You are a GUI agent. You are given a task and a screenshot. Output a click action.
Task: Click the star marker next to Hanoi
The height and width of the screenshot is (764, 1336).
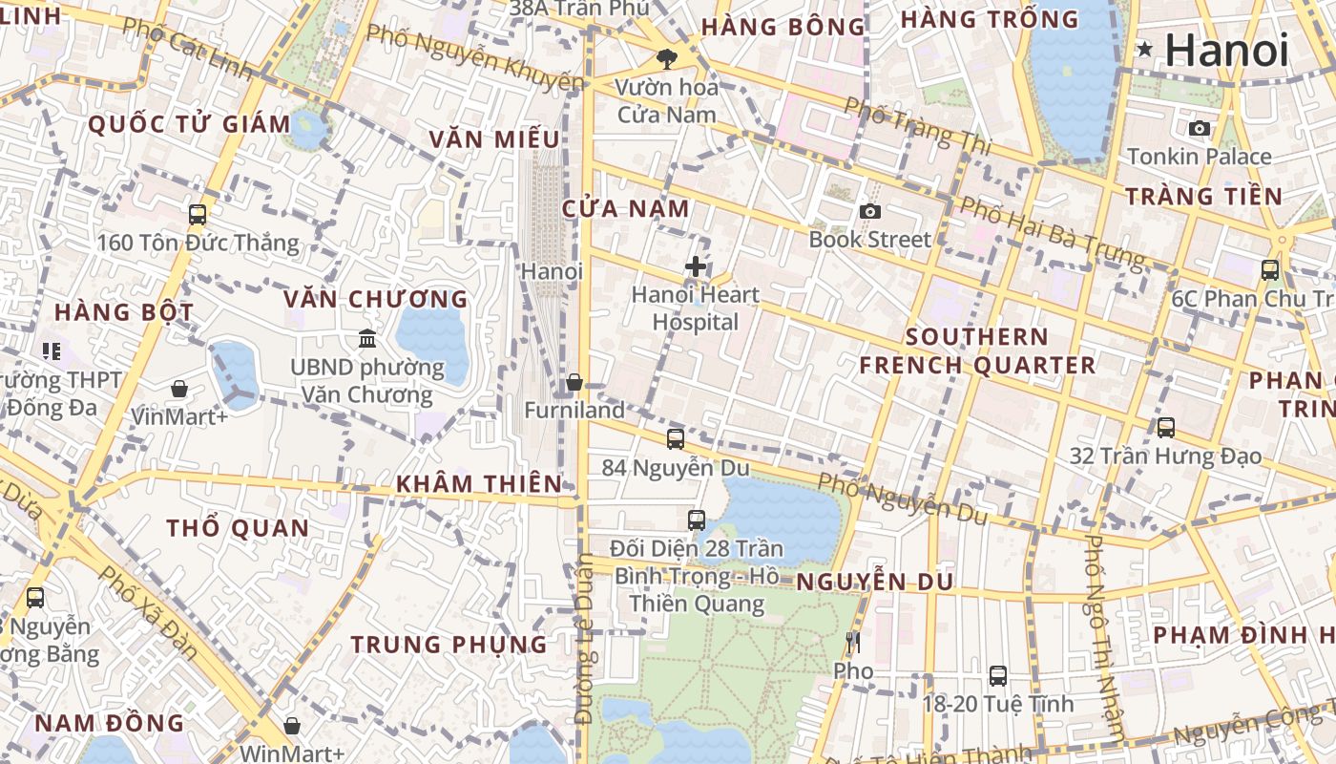(x=1144, y=49)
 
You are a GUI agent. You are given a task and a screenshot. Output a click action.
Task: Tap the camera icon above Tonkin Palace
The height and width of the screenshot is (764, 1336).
(x=1200, y=128)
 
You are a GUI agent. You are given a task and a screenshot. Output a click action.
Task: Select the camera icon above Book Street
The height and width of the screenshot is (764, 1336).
(x=869, y=211)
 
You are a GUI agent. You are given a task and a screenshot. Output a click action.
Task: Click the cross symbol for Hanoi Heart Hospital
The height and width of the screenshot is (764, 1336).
(x=696, y=266)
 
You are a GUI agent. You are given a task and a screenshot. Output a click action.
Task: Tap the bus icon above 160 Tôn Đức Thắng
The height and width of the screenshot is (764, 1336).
(x=198, y=215)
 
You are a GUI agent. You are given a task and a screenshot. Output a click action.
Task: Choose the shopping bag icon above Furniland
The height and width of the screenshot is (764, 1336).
(x=574, y=383)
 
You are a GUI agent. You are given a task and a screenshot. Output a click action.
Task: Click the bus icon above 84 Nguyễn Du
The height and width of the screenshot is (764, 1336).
(x=676, y=439)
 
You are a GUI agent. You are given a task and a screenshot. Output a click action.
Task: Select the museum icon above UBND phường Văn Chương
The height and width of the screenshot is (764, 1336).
(x=367, y=338)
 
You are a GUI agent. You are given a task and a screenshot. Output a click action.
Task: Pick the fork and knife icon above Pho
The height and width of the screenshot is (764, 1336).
(x=853, y=643)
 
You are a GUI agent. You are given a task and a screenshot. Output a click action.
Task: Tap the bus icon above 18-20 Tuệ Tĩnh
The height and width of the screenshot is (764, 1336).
(x=997, y=676)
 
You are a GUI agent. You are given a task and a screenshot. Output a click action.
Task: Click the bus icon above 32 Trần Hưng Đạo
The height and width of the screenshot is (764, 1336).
(x=1165, y=428)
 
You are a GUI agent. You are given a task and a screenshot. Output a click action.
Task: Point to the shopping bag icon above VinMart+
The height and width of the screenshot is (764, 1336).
(x=179, y=389)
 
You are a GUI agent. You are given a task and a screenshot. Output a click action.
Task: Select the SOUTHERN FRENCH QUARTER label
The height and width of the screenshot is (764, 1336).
(x=977, y=350)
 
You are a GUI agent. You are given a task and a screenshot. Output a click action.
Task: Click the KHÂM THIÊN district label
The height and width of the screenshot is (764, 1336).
(x=479, y=483)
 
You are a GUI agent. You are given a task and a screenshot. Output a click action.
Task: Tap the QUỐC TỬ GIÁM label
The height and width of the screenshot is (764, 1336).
(x=189, y=124)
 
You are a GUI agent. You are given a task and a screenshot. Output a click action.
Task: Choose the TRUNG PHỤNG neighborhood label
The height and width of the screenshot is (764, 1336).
(x=449, y=645)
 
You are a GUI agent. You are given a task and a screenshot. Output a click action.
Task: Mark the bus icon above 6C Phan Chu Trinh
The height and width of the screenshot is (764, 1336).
(x=1270, y=270)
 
